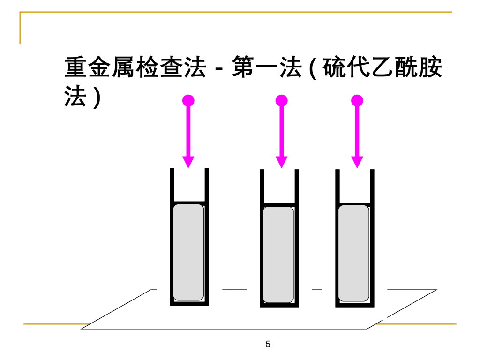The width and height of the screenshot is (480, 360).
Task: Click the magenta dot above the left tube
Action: coord(188,101)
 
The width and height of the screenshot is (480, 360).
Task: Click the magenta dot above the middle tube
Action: coord(281,101)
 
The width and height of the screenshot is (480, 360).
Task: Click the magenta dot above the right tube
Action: coord(357,101)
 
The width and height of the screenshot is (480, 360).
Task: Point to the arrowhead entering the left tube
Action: coord(188,162)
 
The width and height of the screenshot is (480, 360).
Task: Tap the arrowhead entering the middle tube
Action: coord(281,162)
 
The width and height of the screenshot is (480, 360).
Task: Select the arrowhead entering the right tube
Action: coord(357,162)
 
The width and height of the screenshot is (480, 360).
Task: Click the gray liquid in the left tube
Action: coord(188,252)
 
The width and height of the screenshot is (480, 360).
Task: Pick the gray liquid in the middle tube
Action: coord(278,255)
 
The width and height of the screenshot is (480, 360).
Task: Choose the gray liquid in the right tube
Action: coord(353,253)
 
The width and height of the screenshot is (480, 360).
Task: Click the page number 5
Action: coord(268,345)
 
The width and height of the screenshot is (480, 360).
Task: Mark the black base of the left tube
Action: coord(189,303)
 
